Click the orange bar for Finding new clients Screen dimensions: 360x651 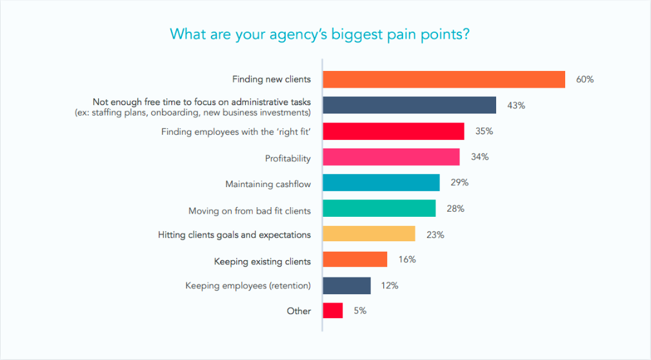[x=444, y=79]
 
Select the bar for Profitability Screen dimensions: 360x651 [x=391, y=157]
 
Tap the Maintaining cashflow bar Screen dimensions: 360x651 [x=381, y=183]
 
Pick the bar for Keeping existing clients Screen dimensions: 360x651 [x=355, y=259]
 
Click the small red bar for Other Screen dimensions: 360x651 [x=333, y=310]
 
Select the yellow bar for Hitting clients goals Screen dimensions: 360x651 [x=368, y=234]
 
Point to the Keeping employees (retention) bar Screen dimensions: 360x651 [x=346, y=285]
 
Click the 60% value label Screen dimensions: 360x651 [x=585, y=79]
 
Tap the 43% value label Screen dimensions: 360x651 [x=516, y=105]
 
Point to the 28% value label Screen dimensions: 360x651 [x=456, y=208]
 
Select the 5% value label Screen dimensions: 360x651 [x=359, y=310]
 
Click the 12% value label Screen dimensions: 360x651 [x=390, y=285]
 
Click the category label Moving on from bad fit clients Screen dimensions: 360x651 [x=249, y=211]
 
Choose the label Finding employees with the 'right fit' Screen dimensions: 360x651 [x=235, y=132]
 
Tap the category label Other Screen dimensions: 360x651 [x=299, y=311]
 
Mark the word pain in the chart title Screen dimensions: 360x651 [x=404, y=34]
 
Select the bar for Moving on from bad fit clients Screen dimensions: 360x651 [x=379, y=208]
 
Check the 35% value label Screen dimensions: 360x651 [x=484, y=131]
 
